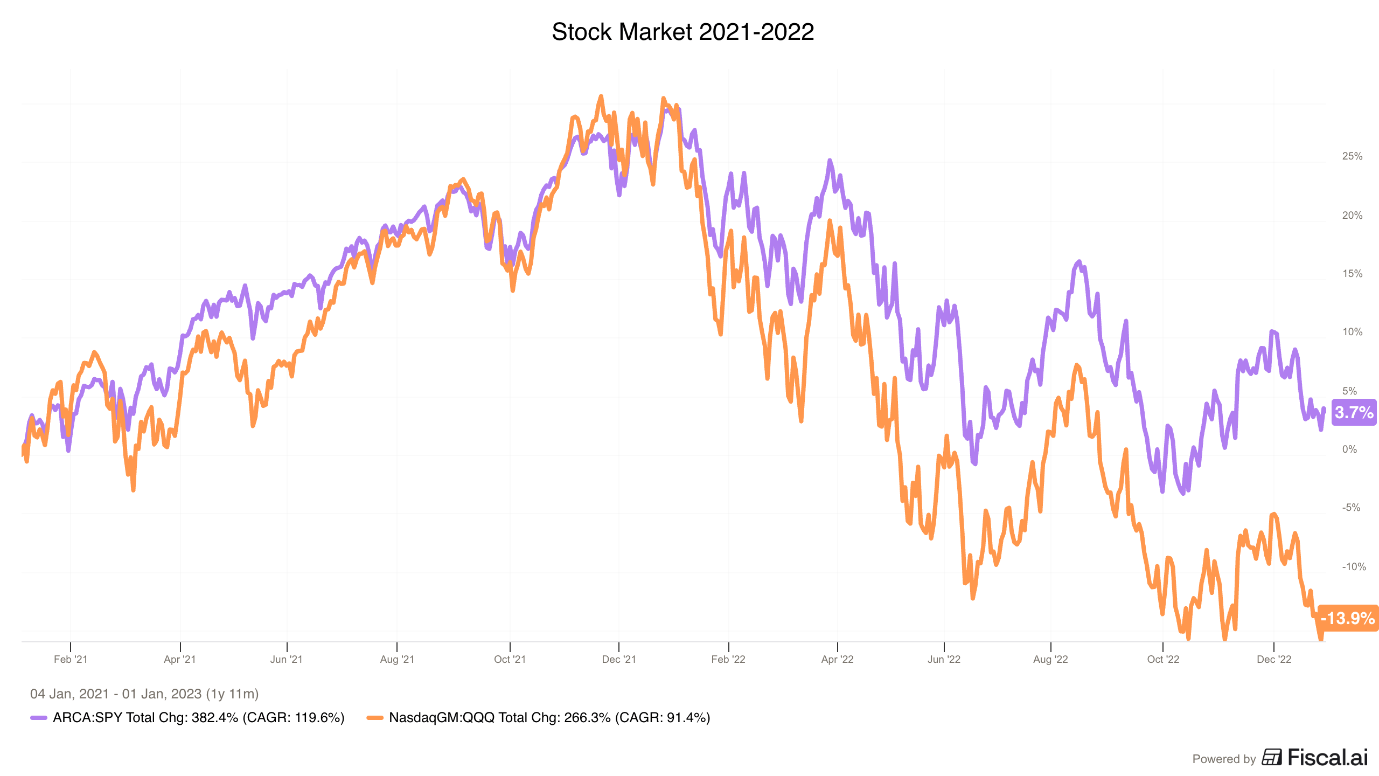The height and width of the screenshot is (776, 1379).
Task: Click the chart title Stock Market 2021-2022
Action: coord(682,32)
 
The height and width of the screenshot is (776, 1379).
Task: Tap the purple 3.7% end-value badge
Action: coord(1354,412)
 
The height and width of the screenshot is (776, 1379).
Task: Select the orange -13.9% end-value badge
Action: coord(1348,618)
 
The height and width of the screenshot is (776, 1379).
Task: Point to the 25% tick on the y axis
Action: coord(1352,156)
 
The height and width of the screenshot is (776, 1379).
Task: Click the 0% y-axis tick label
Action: coord(1349,449)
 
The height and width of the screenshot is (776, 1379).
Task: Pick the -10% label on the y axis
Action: coord(1354,566)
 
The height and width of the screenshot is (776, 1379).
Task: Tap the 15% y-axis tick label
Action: coord(1352,274)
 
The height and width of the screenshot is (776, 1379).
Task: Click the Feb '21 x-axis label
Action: coord(71,659)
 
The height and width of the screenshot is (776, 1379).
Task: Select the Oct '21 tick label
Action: coord(510,659)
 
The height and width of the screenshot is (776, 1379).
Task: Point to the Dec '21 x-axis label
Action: coord(619,659)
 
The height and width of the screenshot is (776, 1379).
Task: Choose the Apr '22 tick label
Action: coord(837,659)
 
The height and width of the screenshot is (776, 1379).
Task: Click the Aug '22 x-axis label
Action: coord(1050,659)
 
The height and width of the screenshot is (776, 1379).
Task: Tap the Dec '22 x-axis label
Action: coord(1274,659)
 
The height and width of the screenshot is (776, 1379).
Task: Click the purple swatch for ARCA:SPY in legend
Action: coord(39,718)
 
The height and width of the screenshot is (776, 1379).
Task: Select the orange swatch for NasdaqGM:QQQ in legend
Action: coord(375,718)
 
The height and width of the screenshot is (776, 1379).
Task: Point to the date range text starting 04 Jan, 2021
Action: coord(144,694)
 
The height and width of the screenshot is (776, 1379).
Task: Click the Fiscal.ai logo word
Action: coord(1328,758)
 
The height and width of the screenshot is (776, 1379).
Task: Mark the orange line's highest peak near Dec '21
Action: coord(601,96)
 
